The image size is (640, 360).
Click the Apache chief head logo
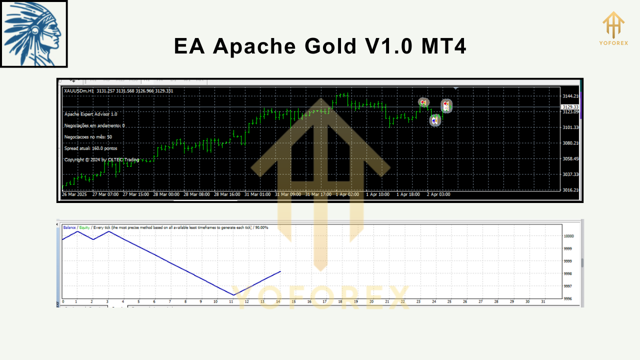[33, 34]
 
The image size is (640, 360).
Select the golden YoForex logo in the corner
[613, 28]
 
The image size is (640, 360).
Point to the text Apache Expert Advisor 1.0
[91, 114]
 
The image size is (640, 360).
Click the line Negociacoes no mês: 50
[88, 136]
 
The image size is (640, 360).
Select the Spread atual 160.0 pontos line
[90, 148]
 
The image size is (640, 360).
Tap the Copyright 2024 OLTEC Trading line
[101, 159]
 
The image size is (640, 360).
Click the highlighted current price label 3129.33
[570, 107]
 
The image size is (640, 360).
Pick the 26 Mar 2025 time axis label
[74, 194]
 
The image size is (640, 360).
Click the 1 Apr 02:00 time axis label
[347, 194]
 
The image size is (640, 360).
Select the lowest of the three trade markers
[435, 120]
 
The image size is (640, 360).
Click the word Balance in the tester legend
[69, 227]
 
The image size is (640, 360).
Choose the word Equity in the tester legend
[84, 227]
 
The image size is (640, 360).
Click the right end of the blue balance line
[280, 271]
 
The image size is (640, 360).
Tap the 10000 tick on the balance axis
[568, 236]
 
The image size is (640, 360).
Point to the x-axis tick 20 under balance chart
[371, 301]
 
